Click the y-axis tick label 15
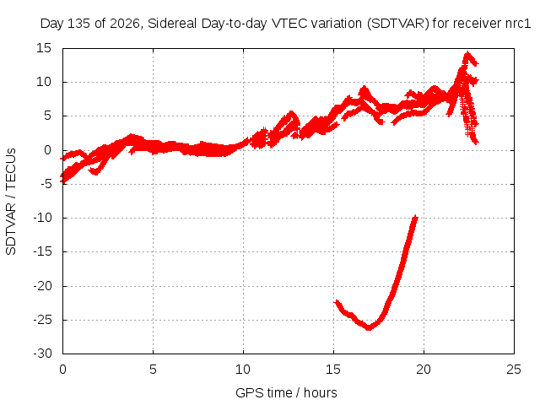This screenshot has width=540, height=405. point(44,48)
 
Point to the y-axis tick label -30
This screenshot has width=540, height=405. point(42,354)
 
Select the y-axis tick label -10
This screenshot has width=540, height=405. point(42,218)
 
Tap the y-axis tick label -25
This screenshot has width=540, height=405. point(42,320)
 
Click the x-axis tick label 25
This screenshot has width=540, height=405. point(514,370)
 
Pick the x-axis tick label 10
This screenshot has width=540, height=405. point(243,370)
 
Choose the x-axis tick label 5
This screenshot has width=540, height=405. point(153,370)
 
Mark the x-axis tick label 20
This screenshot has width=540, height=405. point(424,370)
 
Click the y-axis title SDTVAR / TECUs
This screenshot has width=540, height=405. point(11,202)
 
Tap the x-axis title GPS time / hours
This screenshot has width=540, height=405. point(286,392)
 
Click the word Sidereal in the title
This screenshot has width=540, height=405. point(172,24)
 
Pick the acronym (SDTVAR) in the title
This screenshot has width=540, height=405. point(397,24)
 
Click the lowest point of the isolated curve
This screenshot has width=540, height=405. point(369,327)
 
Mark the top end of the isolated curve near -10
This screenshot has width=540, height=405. point(415,217)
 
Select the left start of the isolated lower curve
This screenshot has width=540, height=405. point(337,302)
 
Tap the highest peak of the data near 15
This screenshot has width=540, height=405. point(467,53)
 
